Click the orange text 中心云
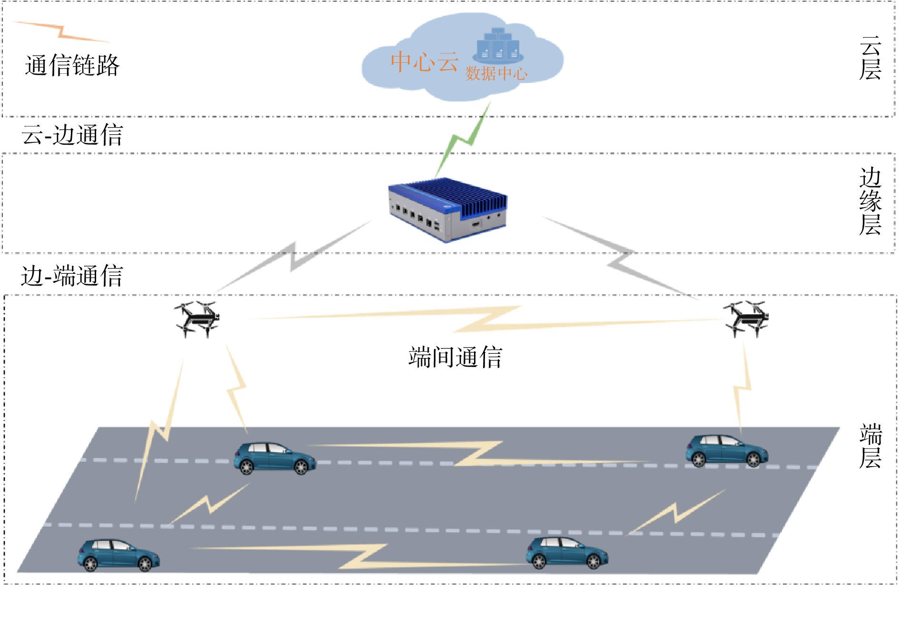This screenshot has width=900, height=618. (424, 62)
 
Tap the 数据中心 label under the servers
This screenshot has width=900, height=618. (496, 74)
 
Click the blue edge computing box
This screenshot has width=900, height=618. (448, 209)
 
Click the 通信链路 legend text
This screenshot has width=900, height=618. (72, 66)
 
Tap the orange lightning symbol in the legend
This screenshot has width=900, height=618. (61, 31)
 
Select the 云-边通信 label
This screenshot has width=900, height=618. (72, 135)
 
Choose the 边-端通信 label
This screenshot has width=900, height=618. (72, 276)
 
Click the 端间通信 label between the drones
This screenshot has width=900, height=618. (455, 358)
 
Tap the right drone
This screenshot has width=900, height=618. (746, 318)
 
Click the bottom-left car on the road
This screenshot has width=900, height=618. (119, 555)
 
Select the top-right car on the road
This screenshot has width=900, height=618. (726, 450)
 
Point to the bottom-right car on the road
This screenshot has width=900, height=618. (566, 553)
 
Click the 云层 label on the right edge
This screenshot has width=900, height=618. (870, 59)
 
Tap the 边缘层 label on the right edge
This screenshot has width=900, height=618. (870, 201)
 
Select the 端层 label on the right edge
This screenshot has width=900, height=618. (870, 446)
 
